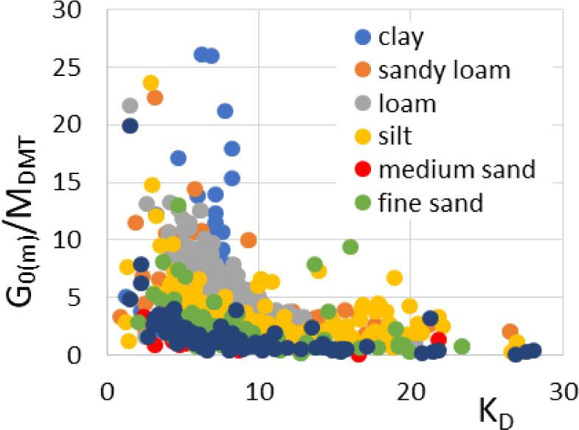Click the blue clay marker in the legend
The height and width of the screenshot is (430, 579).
tap(361, 37)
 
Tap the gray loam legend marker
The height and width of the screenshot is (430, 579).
tap(361, 103)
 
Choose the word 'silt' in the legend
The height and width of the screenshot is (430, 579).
tap(396, 136)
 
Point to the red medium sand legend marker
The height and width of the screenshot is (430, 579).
tap(361, 170)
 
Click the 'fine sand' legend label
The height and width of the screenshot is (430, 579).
tap(430, 202)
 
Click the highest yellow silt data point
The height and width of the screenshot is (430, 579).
tap(151, 83)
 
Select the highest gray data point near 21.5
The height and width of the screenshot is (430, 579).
tap(130, 105)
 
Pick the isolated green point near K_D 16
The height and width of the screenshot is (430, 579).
tap(350, 247)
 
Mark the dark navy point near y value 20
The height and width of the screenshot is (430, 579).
tap(130, 125)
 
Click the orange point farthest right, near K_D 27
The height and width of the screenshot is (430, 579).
tap(510, 331)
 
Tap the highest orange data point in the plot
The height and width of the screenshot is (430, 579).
tap(155, 97)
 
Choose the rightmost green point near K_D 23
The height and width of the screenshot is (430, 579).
tap(462, 346)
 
